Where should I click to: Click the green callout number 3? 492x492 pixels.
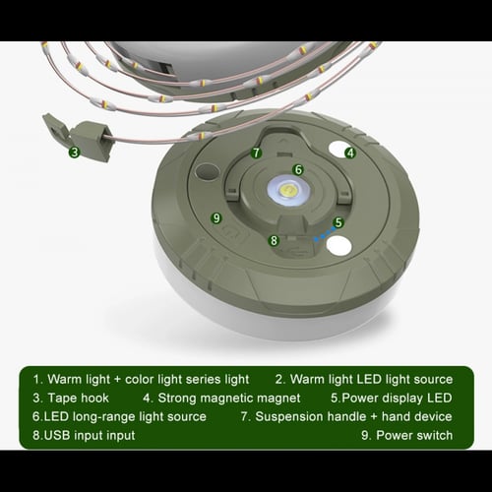pos(74,152)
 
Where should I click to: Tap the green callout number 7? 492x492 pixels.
pos(256,153)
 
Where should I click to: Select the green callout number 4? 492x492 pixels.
pos(349,153)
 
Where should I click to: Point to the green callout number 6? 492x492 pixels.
pos(298,169)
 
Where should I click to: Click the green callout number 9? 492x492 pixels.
pos(216,217)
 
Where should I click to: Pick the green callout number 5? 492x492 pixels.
pos(338,222)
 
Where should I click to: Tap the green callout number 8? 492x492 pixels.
pos(274,240)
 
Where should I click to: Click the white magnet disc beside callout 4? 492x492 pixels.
pos(335,151)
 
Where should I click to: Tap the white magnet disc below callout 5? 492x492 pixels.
pos(338,246)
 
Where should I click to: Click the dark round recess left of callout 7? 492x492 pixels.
pos(207,171)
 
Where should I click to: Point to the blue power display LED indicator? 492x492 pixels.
pos(317,236)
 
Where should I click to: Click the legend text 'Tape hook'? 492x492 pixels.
pos(82,399)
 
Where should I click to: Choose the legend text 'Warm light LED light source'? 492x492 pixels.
pos(371,379)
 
